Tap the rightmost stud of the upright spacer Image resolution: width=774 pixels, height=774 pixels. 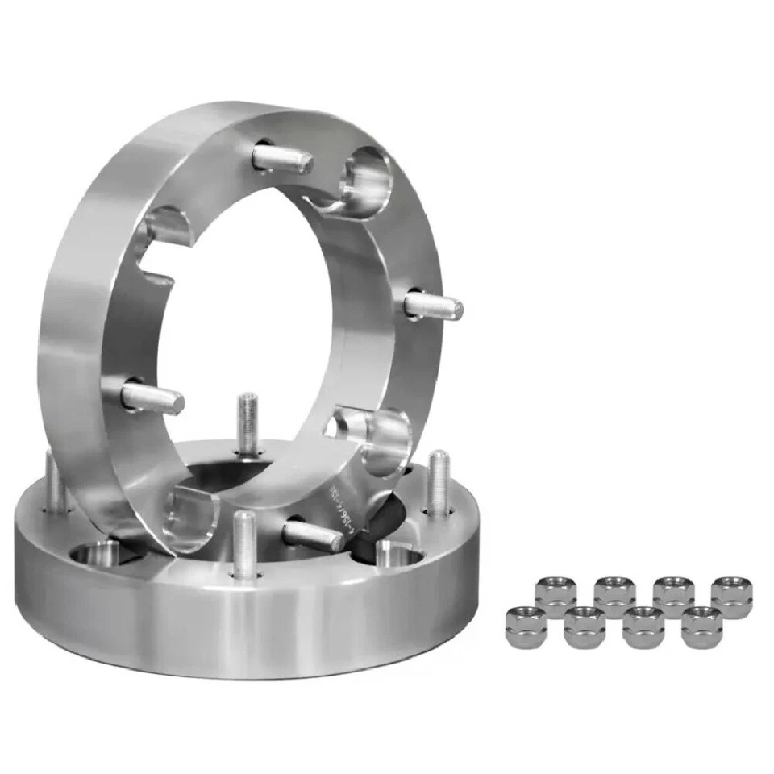pos(433,306)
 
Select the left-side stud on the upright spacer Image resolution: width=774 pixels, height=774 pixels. pos(152,397)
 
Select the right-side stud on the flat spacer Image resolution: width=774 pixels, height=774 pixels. pos(439,483)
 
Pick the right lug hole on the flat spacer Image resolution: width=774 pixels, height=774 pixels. pos(398,555)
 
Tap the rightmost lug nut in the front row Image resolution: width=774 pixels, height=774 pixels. pos(701,627)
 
